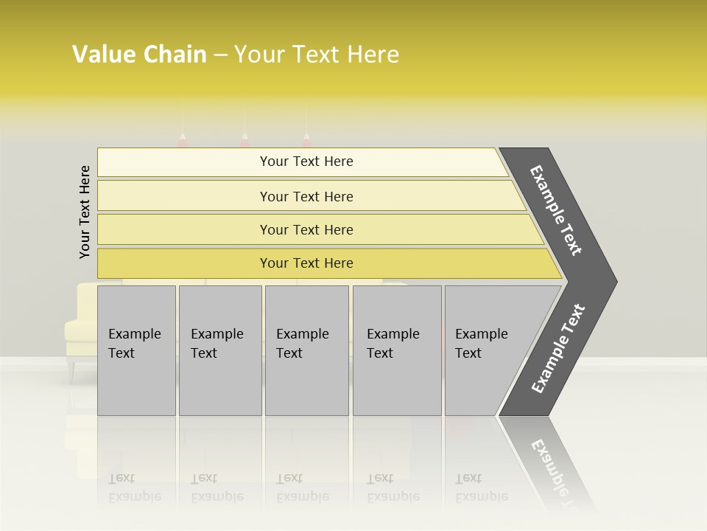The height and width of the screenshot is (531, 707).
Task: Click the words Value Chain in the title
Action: point(139,55)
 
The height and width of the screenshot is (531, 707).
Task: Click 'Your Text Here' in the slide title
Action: point(317,55)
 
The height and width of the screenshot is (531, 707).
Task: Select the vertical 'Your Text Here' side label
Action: point(85,212)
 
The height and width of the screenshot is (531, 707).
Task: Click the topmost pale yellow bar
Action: point(306,162)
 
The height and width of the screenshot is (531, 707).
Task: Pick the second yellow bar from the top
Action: point(306,196)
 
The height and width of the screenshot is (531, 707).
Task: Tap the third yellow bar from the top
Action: point(306,229)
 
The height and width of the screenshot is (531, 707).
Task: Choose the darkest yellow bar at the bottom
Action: point(306,263)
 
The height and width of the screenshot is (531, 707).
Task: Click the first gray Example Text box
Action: point(136,350)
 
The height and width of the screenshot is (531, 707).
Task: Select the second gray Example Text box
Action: point(220,350)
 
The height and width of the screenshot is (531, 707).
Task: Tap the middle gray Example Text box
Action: point(306,350)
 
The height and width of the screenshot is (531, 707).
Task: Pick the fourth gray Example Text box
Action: point(397,350)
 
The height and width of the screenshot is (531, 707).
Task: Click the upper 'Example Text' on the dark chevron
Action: point(556,210)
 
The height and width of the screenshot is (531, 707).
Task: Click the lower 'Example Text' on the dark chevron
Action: point(558,349)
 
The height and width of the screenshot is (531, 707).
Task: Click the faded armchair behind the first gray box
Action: point(80,324)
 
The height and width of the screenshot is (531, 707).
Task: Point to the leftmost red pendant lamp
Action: point(182,139)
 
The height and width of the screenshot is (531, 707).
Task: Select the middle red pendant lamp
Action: point(245,139)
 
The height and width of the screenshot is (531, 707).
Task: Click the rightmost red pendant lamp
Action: point(306,139)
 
